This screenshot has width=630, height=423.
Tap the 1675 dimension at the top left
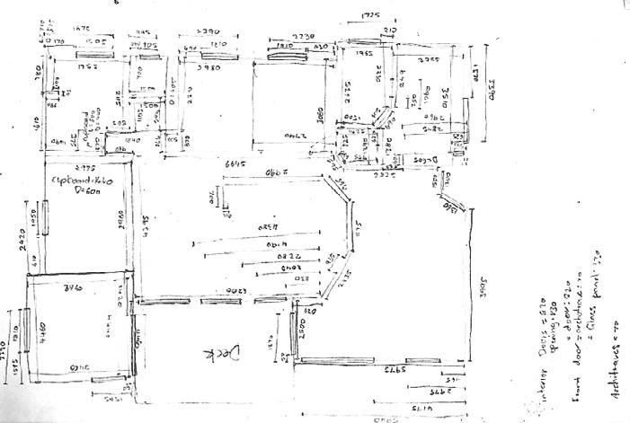pos(74,29)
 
